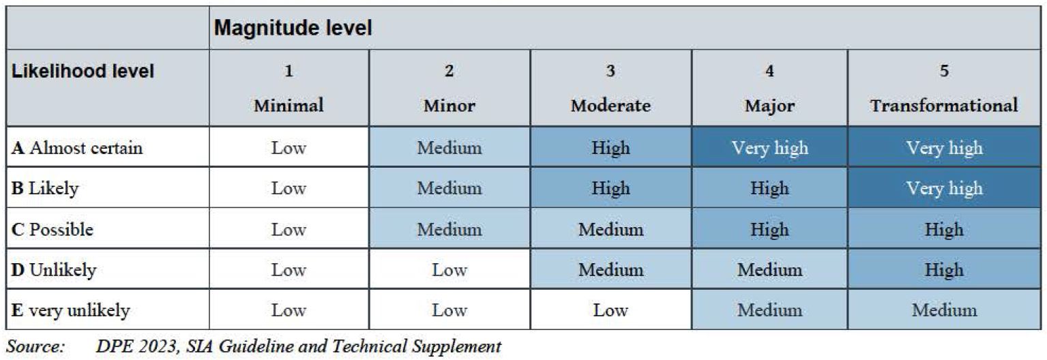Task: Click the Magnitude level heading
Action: [293, 29]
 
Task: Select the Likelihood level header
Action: [83, 71]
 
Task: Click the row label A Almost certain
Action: [77, 148]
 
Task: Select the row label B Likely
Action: [45, 188]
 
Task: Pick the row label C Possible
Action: [53, 229]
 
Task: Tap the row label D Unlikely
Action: [54, 270]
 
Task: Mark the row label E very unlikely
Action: [71, 311]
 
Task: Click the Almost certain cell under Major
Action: [769, 148]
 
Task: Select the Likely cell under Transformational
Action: [944, 188]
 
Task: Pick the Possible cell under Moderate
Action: [610, 229]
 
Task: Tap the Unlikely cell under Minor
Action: [449, 270]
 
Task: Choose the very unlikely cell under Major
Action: [769, 311]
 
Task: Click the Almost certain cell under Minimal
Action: [289, 148]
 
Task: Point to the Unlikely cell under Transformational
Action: [944, 270]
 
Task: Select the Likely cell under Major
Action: [769, 188]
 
